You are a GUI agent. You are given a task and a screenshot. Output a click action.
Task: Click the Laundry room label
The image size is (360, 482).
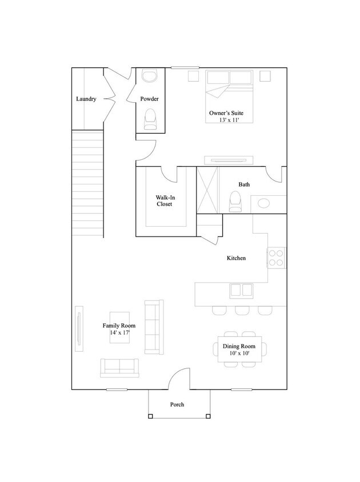[x=86, y=99]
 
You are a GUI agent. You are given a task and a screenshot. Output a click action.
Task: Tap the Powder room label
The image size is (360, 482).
[x=150, y=99]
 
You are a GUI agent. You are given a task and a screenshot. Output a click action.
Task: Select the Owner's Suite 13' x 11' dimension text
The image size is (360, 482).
[x=229, y=120]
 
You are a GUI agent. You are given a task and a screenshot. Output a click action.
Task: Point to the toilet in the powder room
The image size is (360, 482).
[x=150, y=119]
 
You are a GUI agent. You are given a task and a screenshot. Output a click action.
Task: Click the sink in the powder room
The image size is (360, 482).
[x=150, y=76]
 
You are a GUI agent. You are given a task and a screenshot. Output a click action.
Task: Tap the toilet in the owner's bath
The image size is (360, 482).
[x=235, y=202]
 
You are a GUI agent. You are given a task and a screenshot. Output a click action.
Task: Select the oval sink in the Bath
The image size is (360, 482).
[x=263, y=203]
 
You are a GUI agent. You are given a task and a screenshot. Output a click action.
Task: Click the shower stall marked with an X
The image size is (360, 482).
[x=207, y=190]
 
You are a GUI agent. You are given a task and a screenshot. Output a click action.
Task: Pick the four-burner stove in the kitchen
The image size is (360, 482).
[x=276, y=258]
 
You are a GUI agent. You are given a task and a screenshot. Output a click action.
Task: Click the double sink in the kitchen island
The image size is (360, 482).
[x=242, y=291]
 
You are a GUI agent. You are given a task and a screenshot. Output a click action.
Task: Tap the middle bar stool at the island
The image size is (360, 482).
[x=242, y=311]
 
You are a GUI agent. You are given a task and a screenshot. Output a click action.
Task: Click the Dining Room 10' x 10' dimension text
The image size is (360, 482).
[x=239, y=353]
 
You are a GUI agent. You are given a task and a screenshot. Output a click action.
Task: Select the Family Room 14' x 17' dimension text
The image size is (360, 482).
[x=119, y=332]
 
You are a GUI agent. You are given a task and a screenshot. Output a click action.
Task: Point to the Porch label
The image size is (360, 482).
[x=177, y=404]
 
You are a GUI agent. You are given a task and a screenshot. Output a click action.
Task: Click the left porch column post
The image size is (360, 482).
[x=150, y=416]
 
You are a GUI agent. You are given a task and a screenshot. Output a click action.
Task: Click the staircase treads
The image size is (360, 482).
[x=87, y=183]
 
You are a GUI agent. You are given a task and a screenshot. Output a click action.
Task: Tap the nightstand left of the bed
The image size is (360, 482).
[x=193, y=76]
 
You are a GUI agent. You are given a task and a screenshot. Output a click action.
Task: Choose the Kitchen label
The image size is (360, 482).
[x=237, y=258]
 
